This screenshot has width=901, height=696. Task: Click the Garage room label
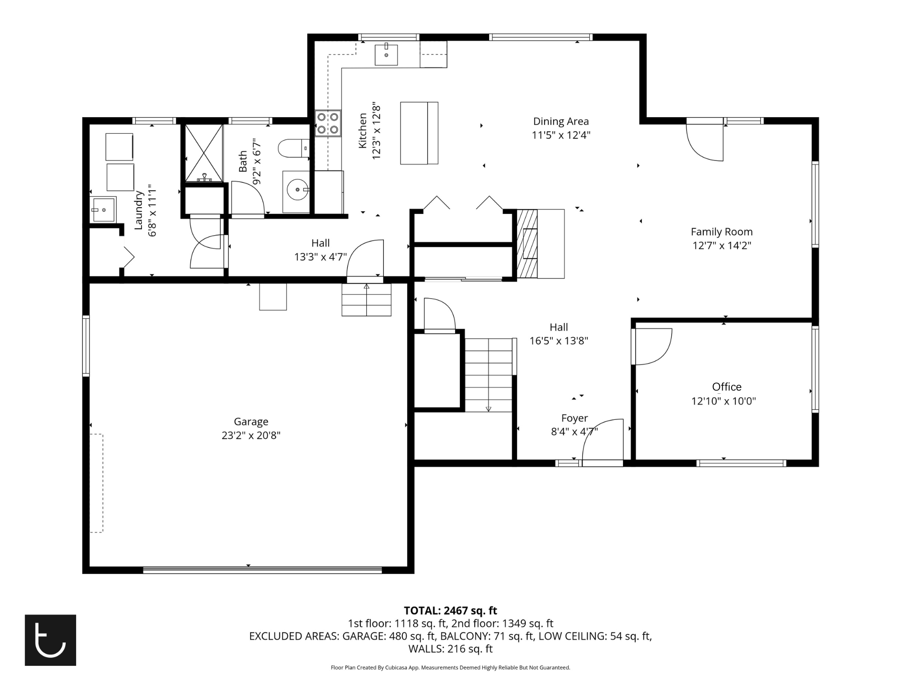point(251,422)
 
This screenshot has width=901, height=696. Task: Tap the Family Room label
point(722,232)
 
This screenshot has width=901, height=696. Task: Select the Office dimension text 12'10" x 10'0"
point(724,401)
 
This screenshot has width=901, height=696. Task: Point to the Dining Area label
point(561,121)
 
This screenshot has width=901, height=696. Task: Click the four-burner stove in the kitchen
point(328,123)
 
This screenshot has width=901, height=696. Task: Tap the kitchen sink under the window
point(387,55)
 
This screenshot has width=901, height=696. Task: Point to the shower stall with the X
point(204,153)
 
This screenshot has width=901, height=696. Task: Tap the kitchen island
point(419,133)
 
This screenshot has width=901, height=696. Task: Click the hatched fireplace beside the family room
point(527,243)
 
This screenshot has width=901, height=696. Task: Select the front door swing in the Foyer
point(603,441)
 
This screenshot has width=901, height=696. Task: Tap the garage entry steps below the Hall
point(366,300)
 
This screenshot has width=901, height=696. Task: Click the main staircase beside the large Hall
point(489,375)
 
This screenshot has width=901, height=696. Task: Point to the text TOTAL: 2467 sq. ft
point(450,611)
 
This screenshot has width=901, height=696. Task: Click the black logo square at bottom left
point(50,640)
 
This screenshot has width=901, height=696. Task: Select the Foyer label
point(574,419)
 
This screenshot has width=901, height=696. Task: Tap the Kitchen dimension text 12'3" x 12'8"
point(377,131)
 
